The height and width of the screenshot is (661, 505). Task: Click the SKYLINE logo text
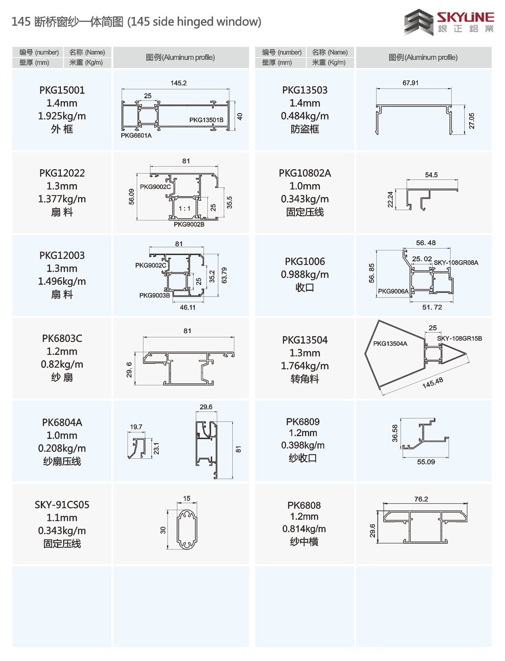465,17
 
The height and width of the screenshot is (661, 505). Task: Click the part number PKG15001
62,90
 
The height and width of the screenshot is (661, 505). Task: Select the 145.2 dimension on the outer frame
178,83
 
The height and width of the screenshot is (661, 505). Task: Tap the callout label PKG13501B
206,120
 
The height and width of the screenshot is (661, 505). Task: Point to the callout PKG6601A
136,135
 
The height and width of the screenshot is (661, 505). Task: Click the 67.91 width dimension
410,83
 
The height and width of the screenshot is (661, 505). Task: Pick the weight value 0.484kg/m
305,116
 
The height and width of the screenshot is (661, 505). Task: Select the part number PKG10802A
305,173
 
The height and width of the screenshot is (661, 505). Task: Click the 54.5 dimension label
431,175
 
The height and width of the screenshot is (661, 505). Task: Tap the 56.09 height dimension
132,196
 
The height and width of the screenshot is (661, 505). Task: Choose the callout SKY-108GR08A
456,263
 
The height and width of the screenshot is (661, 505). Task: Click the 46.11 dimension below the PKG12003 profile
188,308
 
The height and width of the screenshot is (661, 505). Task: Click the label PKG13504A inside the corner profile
390,344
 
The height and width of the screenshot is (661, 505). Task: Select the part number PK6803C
62,338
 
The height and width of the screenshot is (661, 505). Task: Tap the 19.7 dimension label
136,427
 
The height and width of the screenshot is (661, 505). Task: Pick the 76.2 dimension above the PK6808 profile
421,499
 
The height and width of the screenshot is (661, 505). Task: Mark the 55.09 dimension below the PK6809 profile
426,462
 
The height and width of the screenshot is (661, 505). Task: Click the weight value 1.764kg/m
305,366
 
